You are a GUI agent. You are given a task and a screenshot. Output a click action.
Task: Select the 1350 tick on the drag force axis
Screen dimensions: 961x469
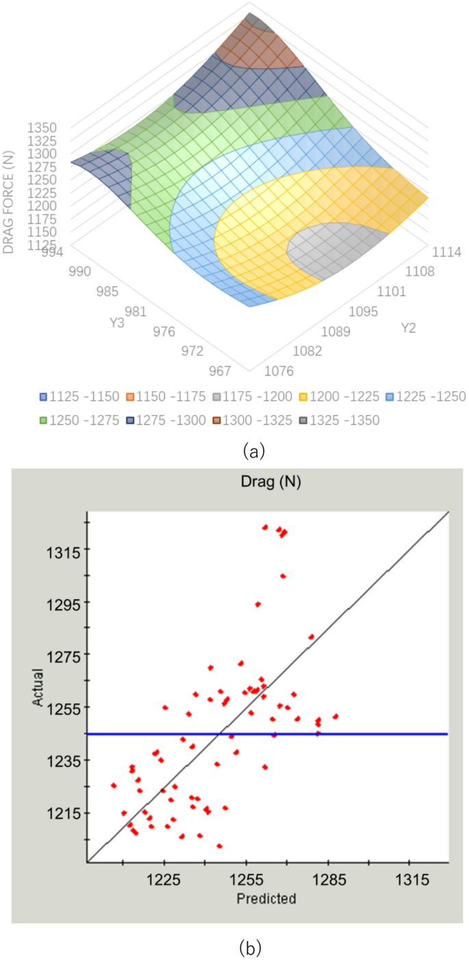42,128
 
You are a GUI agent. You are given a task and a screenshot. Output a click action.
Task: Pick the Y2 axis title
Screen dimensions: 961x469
409,328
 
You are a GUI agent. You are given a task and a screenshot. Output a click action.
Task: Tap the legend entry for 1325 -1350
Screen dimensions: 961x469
340,419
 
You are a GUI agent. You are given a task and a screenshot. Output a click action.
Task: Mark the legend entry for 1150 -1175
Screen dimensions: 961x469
164,397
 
